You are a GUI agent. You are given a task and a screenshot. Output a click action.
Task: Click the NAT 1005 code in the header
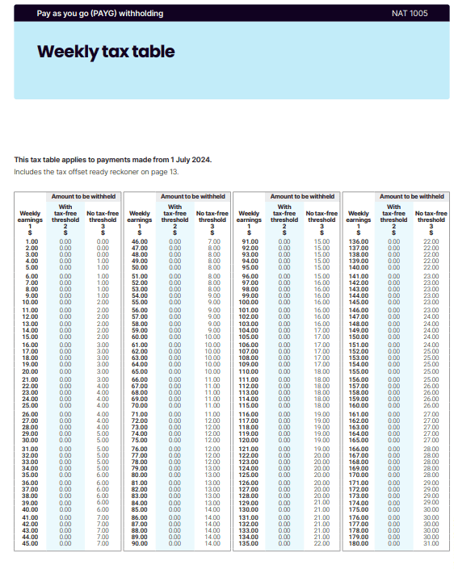tap(410, 14)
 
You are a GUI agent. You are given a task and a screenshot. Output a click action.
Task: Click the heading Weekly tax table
tap(106, 52)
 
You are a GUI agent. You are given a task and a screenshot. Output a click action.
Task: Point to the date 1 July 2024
tap(187, 160)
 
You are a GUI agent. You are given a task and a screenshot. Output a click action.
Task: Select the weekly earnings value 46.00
tap(139, 241)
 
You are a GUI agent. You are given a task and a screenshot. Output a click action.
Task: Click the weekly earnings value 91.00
tap(249, 241)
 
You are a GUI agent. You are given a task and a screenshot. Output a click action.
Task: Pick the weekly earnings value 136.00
tap(358, 241)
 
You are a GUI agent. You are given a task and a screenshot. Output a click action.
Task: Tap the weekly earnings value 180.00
tap(358, 543)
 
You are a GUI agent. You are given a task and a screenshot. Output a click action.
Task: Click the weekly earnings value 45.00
tap(31, 543)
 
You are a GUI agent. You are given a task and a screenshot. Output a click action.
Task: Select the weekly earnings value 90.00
tap(139, 543)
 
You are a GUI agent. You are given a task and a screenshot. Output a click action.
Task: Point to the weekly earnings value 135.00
tap(249, 543)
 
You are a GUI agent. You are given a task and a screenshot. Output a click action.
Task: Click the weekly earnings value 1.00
tap(32, 241)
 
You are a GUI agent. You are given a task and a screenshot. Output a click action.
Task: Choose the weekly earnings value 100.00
tap(249, 302)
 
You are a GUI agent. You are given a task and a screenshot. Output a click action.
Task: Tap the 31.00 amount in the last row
tap(431, 543)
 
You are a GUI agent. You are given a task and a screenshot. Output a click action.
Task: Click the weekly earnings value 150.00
tap(358, 336)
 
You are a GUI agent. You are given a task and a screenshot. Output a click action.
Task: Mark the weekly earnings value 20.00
tap(31, 370)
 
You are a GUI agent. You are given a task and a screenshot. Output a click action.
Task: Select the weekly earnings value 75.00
tap(139, 440)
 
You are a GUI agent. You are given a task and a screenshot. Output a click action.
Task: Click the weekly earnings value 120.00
tap(249, 440)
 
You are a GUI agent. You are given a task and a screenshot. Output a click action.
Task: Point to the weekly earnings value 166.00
tap(358, 449)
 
